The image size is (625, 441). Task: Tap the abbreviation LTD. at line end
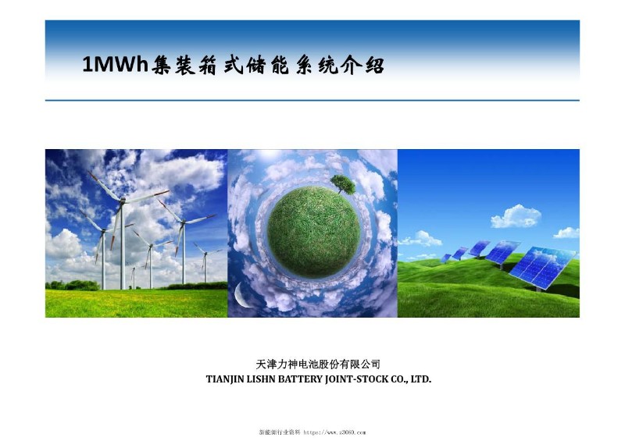(x=421, y=379)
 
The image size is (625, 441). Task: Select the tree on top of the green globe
(x=341, y=184)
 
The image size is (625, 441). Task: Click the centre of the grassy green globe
(x=313, y=228)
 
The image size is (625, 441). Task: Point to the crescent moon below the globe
(x=241, y=294)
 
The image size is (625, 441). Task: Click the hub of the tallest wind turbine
(x=123, y=200)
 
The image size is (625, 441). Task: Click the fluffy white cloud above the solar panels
(x=516, y=215)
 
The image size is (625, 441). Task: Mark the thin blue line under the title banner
(x=312, y=101)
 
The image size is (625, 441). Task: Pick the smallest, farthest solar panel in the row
(x=445, y=258)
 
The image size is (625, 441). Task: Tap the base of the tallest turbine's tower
(x=123, y=287)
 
